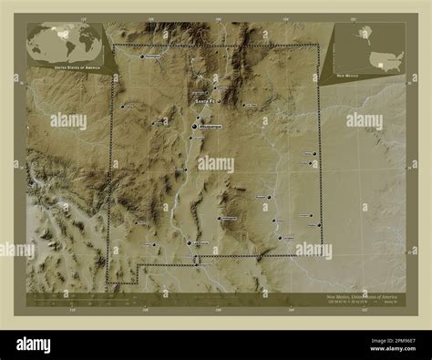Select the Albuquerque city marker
click(x=195, y=128)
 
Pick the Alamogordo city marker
click(x=221, y=219)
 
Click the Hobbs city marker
click(x=313, y=224)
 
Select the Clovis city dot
click(x=314, y=153)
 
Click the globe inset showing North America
click(x=64, y=43)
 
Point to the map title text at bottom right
click(x=356, y=297)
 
